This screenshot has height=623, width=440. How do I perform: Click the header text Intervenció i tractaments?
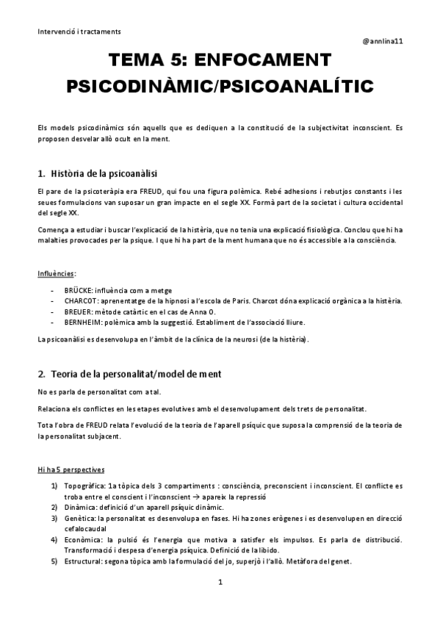79,32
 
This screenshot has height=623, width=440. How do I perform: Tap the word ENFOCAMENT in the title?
260,60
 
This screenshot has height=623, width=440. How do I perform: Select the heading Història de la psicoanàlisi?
104,174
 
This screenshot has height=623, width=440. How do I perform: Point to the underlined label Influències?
57,274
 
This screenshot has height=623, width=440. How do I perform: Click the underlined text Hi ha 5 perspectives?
71,469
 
